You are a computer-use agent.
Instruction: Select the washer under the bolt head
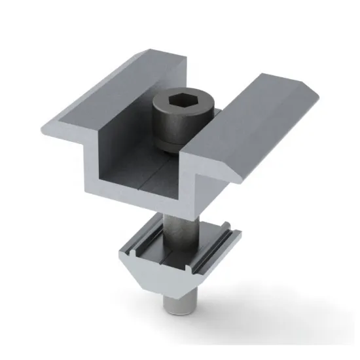171,147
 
